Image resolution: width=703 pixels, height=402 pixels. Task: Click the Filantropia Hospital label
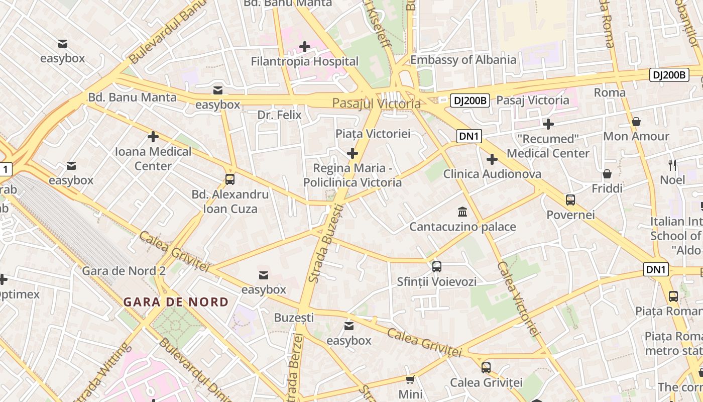(x=305, y=62)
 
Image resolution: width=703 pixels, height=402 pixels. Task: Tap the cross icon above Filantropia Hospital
(x=305, y=47)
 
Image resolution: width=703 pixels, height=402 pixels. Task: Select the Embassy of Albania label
(x=463, y=60)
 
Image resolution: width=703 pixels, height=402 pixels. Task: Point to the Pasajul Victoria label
(x=376, y=104)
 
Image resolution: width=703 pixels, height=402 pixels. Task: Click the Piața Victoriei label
(x=373, y=134)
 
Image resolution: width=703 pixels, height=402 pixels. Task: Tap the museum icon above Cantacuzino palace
(x=462, y=212)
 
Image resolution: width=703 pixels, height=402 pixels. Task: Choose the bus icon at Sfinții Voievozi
(x=437, y=267)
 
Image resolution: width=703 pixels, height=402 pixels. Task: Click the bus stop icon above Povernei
(x=570, y=200)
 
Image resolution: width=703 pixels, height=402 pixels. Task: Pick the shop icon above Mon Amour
(x=636, y=122)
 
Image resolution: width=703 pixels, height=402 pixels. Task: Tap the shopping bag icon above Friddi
(x=607, y=174)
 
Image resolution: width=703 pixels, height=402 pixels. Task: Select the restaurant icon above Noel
(x=672, y=165)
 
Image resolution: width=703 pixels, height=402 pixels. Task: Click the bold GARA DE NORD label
(x=176, y=302)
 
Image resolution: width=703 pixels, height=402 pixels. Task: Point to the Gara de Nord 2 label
(x=124, y=271)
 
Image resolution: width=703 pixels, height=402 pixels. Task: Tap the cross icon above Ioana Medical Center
(x=153, y=137)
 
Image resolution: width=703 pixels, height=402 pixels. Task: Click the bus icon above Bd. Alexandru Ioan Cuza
(x=230, y=179)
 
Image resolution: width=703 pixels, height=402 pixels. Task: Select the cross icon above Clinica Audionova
(x=492, y=159)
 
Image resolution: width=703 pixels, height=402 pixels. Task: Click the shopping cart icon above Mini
(x=410, y=379)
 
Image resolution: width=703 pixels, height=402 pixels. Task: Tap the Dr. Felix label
(x=279, y=115)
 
